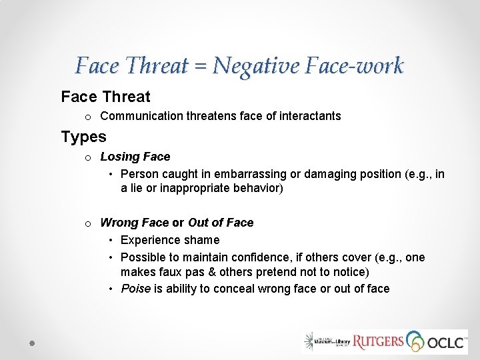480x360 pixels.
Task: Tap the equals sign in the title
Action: (201, 67)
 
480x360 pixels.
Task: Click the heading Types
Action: (83, 137)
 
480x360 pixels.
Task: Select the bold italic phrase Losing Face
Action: (135, 157)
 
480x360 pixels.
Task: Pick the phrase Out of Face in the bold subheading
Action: (221, 223)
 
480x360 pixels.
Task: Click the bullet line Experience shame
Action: (169, 240)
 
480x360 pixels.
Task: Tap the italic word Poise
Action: (135, 289)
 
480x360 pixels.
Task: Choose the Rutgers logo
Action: (378, 342)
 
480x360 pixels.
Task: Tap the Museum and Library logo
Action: (326, 341)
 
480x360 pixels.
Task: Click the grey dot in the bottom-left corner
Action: (31, 342)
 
